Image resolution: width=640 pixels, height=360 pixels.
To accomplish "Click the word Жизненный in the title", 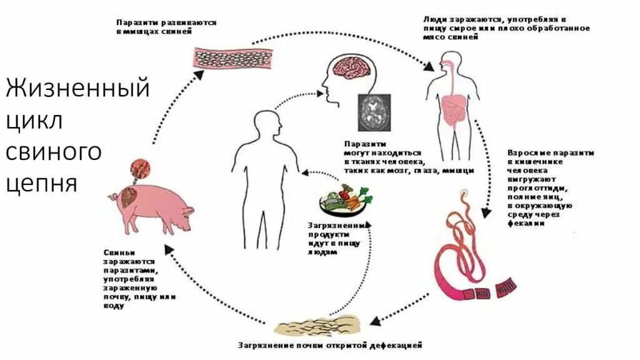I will click(77, 88).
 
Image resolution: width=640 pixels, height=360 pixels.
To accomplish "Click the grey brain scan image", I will click(374, 112).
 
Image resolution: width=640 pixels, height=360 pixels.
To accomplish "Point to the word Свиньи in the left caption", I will click(116, 252).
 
